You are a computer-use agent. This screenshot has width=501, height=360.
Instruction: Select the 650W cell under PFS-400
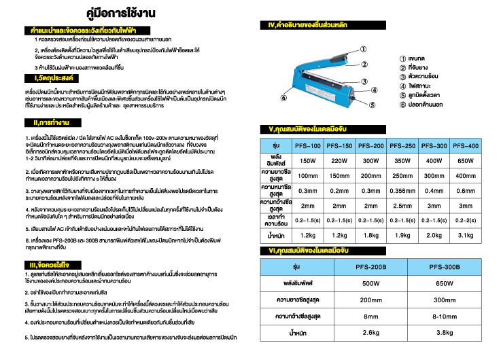tap(466, 161)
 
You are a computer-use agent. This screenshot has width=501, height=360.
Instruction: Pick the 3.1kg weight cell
tap(466, 235)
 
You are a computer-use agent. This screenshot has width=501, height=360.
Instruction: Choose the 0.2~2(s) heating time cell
tap(466, 220)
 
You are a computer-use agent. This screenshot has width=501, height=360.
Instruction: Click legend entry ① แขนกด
tap(415, 58)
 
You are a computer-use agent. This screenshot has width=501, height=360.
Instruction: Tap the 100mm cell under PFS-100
tap(308, 175)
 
